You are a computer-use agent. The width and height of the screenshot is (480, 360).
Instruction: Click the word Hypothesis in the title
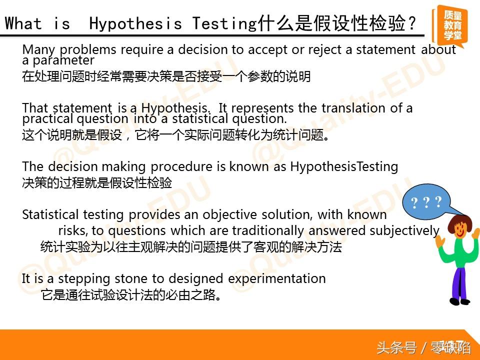coord(135,24)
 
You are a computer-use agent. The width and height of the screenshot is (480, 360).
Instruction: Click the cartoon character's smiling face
coord(460,228)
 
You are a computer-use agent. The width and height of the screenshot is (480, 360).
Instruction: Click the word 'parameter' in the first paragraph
coord(63,60)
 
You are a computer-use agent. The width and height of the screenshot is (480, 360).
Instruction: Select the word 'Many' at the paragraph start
coord(39,50)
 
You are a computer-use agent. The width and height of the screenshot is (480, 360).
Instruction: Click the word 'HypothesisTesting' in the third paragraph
coord(344,167)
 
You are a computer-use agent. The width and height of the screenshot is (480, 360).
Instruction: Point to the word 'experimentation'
coord(276,279)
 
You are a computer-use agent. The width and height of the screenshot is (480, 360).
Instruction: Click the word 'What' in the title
coord(23,23)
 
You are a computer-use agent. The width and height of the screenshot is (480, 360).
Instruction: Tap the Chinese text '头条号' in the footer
coord(396,347)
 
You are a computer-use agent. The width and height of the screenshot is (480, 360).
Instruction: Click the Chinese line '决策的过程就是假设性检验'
coord(97,183)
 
